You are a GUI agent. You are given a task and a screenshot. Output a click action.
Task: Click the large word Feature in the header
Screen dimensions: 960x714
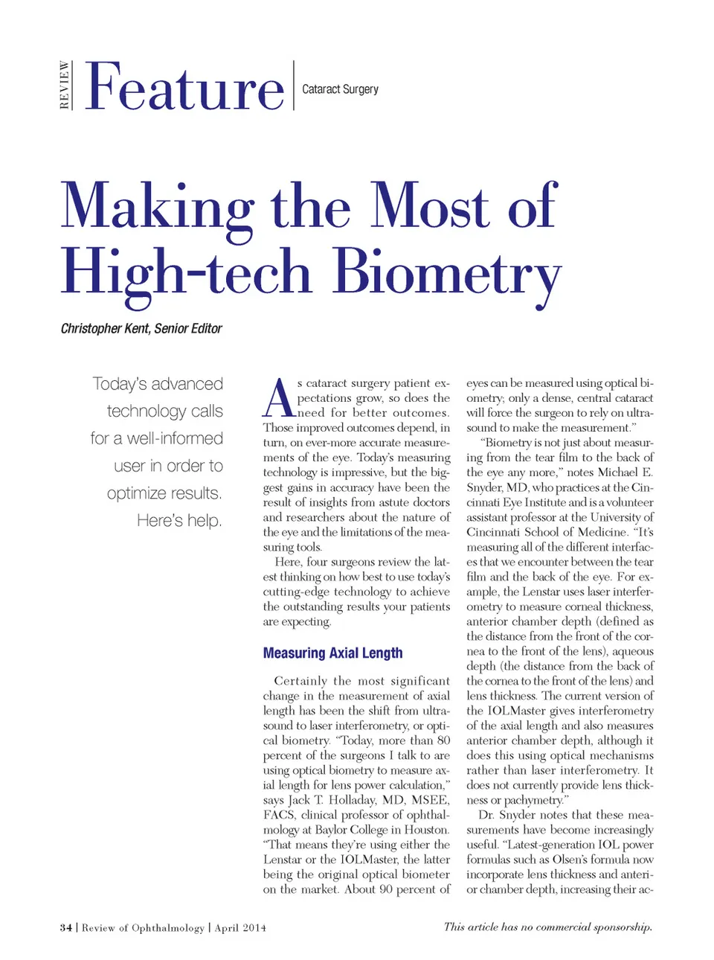(184, 88)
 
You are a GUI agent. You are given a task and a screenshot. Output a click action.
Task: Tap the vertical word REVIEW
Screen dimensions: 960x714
(65, 85)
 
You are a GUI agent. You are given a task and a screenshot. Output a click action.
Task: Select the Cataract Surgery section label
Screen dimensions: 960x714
(340, 89)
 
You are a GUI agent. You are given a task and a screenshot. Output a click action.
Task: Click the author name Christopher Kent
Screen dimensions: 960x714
(104, 328)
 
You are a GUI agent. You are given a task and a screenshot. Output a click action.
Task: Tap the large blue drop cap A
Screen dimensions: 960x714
(279, 399)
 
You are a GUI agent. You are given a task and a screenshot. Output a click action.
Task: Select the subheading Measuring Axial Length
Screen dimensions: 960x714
(332, 653)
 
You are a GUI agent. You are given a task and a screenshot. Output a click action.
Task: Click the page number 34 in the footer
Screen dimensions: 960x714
(66, 927)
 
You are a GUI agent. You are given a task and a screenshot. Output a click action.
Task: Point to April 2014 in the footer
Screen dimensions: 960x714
(239, 927)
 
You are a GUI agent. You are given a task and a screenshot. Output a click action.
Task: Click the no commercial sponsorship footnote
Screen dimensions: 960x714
(547, 927)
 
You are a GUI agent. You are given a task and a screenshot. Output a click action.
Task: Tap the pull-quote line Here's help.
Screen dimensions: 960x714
(179, 520)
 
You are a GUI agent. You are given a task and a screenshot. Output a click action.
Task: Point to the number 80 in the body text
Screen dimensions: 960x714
(443, 740)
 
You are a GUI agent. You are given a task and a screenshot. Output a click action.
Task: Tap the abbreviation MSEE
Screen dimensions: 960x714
(430, 800)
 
